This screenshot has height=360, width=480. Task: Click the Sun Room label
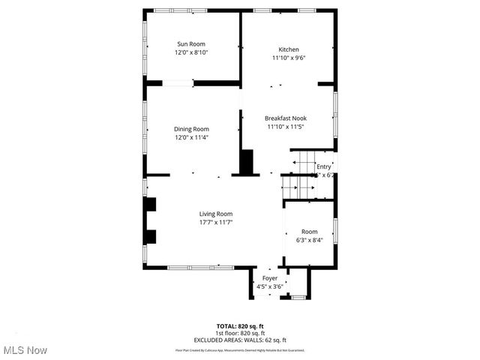click(191, 44)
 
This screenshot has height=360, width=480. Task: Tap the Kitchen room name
click(289, 49)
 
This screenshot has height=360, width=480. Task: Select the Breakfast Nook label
click(286, 118)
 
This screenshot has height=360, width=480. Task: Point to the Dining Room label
click(191, 129)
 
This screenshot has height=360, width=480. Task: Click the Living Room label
click(216, 214)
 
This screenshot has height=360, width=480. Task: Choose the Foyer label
click(270, 278)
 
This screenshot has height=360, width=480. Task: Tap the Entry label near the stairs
click(323, 166)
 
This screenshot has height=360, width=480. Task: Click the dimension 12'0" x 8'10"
click(191, 52)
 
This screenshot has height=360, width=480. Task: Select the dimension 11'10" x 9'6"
click(289, 58)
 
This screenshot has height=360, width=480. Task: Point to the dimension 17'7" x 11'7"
click(216, 222)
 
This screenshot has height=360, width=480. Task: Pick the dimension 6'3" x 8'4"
click(310, 240)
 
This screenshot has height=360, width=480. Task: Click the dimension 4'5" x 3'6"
click(270, 286)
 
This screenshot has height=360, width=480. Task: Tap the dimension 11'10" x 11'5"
click(286, 127)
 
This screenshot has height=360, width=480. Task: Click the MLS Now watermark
click(25, 350)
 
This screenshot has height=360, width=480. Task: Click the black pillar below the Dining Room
click(247, 162)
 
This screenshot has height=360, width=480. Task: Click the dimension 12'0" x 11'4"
click(191, 137)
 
